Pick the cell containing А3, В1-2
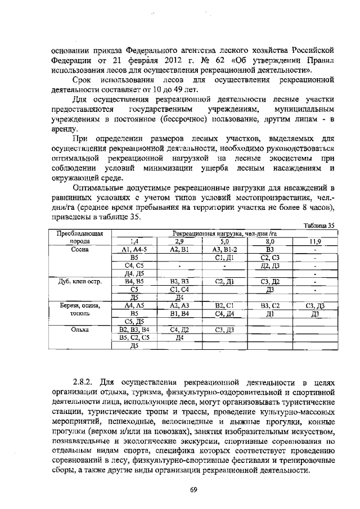(x=224, y=249)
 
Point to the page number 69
(x=192, y=489)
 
